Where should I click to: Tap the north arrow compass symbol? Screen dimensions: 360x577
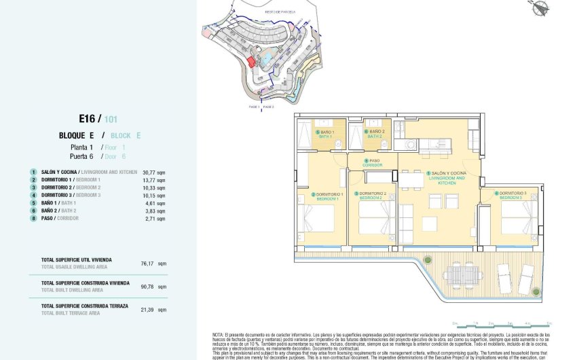[x=541, y=8]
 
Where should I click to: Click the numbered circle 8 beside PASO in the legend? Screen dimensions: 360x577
[x=33, y=218]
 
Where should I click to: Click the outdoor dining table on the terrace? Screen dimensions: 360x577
[x=464, y=274]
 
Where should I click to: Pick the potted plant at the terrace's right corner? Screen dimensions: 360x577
[x=536, y=291]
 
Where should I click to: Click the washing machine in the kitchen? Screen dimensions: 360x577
[x=410, y=145]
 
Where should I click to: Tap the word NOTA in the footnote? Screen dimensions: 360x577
[x=218, y=335]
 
